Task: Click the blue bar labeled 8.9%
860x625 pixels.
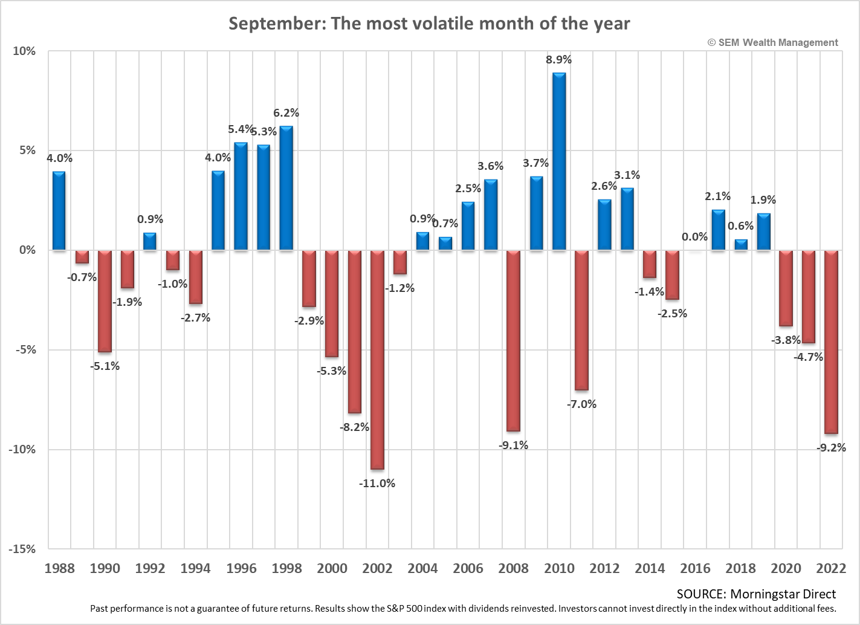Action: [559, 161]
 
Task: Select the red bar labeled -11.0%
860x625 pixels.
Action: [377, 359]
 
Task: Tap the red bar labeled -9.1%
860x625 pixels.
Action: [513, 340]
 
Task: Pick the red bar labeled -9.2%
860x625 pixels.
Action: [831, 342]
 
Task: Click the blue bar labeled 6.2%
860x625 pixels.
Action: [286, 188]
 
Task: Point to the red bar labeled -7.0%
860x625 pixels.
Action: [581, 320]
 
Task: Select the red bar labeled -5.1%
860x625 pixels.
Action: [105, 300]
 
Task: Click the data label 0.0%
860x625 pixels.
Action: [694, 237]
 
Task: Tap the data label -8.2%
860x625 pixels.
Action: [354, 427]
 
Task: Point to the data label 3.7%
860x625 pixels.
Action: [535, 163]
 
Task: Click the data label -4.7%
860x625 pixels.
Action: [809, 357]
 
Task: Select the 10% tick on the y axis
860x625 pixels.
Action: [25, 51]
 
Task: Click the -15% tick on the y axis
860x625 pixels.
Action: [22, 549]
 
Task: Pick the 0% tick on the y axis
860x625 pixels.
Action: [27, 250]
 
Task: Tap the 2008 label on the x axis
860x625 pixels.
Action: [513, 568]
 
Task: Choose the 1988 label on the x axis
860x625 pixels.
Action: [59, 568]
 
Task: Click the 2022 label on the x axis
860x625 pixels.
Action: [831, 568]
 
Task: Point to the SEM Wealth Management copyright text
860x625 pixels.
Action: [772, 42]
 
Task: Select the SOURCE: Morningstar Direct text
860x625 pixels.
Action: [756, 594]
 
